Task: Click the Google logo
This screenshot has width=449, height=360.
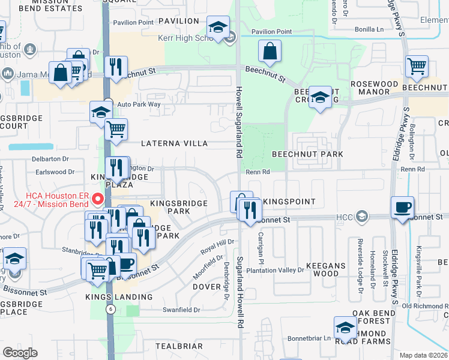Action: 20,353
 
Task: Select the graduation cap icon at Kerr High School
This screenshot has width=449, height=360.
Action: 218,27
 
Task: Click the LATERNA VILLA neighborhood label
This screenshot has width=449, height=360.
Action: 174,144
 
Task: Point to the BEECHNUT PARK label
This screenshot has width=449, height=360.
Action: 307,154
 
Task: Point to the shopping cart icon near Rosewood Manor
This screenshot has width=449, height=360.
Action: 417,67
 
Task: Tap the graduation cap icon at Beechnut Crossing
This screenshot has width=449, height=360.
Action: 321,98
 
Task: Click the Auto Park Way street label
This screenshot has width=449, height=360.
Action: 139,104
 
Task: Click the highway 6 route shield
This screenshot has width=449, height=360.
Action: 110,309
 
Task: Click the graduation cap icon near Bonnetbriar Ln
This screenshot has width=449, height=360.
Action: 345,328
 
